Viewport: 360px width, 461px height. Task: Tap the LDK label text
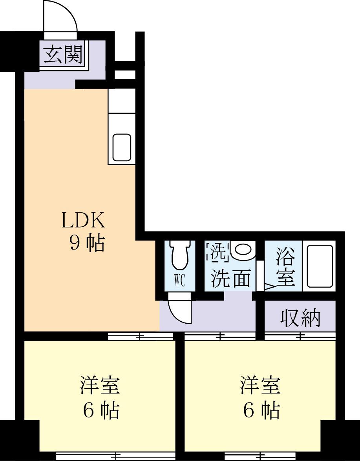[x=83, y=221]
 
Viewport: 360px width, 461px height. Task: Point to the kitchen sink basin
[x=122, y=147]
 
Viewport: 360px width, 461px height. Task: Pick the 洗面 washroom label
[x=230, y=278]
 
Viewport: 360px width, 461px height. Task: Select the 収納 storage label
[x=301, y=318]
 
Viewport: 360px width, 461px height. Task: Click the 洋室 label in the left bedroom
[x=100, y=385]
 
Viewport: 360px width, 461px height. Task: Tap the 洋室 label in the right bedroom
[x=260, y=385]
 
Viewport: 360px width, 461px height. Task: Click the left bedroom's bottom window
[x=115, y=456]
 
